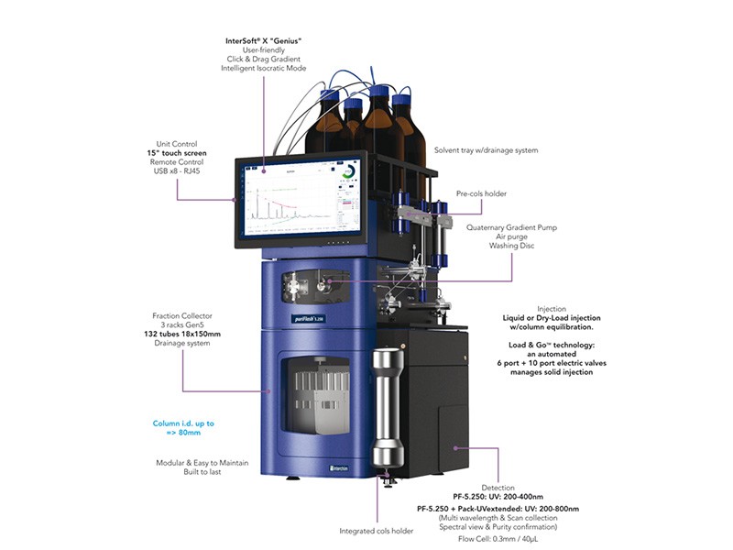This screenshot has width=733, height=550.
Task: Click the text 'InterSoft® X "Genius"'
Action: coord(264,41)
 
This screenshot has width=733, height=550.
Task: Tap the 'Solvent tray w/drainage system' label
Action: coord(486,150)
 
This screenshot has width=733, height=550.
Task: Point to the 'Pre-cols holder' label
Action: coord(481,194)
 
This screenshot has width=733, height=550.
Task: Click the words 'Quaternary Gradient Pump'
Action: coord(510,227)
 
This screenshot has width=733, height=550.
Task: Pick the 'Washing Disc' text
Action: coord(510,247)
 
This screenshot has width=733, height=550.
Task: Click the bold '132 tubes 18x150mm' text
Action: coord(182,335)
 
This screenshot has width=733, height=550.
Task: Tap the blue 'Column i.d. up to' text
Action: coord(183,423)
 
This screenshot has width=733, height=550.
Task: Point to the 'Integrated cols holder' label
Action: coord(377,531)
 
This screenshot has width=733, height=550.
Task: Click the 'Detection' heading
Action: coord(498,488)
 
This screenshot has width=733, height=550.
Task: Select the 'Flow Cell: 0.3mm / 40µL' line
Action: coord(498,539)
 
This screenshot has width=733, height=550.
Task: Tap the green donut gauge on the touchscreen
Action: coord(348,172)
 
